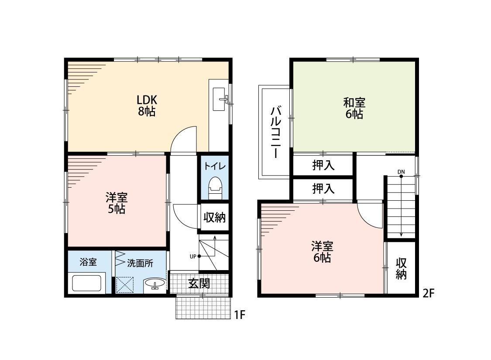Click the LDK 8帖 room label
tap(147, 106)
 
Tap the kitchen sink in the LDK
tap(220, 99)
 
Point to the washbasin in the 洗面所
tap(155, 285)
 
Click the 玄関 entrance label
tap(199, 284)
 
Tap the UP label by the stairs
tap(193, 257)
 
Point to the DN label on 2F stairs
tap(401, 172)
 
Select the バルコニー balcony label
tap(275, 132)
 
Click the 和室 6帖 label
tap(354, 108)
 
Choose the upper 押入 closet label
tap(323, 165)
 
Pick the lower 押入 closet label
tap(323, 189)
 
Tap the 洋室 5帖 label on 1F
tap(117, 203)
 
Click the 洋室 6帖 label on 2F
tap(322, 252)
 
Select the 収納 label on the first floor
tap(214, 217)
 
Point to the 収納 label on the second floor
tap(401, 268)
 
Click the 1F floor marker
tap(240, 315)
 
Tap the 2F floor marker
tap(429, 293)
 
